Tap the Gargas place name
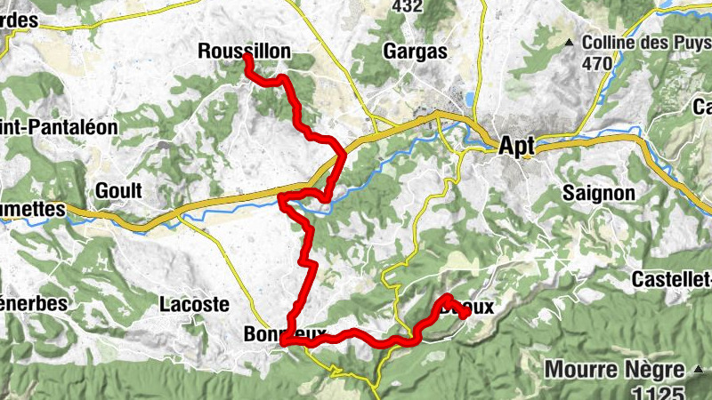tap(415, 51)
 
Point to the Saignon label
tap(599, 193)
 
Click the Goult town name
tap(118, 191)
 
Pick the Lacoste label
tap(194, 304)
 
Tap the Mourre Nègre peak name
tap(615, 368)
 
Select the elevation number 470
tap(598, 63)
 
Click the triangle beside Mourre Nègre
tap(700, 368)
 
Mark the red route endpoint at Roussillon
tap(247, 58)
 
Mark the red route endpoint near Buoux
tap(466, 313)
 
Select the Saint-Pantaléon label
tap(59, 127)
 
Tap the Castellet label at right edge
tap(671, 279)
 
